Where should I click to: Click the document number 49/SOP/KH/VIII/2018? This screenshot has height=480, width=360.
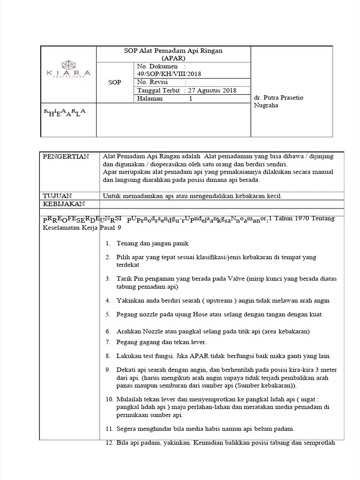(x=166, y=74)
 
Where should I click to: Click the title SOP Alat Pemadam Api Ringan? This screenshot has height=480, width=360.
(x=173, y=51)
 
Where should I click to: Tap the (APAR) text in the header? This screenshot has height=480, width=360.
(x=173, y=58)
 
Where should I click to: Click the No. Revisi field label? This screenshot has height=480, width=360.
(x=152, y=82)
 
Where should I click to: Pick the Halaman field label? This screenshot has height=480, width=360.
(x=150, y=99)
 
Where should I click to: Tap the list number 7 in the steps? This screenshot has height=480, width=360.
(x=108, y=342)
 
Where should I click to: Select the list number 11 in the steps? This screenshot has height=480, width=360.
(x=109, y=428)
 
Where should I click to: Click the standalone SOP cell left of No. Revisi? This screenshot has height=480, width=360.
(x=114, y=82)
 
